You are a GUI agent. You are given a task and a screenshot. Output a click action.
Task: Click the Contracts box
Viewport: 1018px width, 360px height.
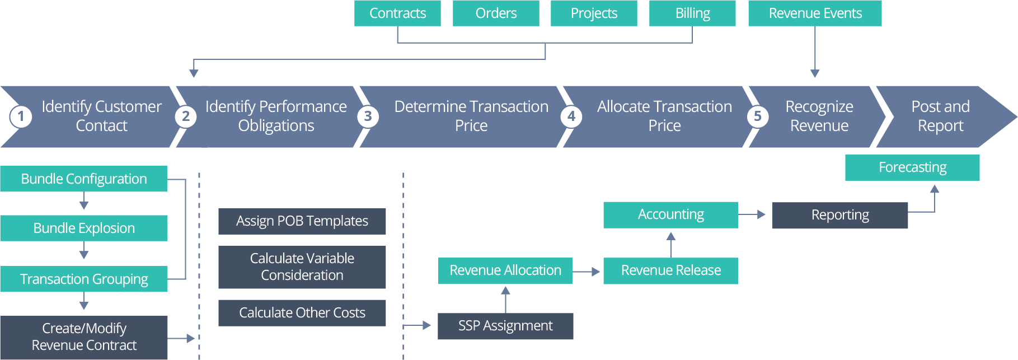(397, 13)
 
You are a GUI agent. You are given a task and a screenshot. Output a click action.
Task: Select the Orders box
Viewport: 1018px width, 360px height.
(496, 13)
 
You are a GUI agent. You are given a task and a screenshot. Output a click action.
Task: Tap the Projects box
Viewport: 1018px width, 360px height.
(594, 13)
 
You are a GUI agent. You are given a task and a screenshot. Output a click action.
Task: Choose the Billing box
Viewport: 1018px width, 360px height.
(692, 13)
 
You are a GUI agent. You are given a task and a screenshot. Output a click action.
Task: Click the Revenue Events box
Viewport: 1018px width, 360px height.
(815, 13)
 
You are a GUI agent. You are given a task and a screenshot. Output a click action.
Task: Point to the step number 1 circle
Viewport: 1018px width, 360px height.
(21, 116)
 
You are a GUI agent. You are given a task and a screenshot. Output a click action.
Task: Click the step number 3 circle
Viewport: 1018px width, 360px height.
(368, 116)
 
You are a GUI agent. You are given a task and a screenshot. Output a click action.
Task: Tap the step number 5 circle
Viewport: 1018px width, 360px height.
(757, 116)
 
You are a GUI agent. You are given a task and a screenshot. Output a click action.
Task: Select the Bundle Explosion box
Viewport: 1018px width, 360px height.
(84, 228)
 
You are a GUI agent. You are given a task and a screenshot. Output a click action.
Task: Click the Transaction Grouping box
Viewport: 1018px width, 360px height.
(84, 279)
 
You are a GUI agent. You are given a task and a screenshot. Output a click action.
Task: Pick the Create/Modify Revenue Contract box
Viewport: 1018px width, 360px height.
(84, 337)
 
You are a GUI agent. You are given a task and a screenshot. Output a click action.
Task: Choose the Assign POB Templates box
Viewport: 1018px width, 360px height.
(302, 221)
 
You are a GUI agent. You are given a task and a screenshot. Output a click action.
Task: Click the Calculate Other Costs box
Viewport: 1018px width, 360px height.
(302, 312)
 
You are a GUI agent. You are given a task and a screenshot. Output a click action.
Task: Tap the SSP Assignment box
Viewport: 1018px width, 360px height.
(505, 326)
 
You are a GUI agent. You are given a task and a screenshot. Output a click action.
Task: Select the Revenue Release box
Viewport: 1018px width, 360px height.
(670, 271)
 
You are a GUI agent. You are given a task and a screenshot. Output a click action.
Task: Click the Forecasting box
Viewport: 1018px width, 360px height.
(912, 167)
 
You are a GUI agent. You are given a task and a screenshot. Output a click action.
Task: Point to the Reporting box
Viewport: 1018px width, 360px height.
(840, 215)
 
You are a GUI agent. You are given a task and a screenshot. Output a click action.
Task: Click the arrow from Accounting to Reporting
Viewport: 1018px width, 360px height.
(752, 214)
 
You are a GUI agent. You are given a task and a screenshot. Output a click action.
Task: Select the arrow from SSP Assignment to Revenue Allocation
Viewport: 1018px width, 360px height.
(505, 299)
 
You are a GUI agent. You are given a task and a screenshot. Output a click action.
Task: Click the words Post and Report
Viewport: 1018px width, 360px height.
(940, 116)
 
